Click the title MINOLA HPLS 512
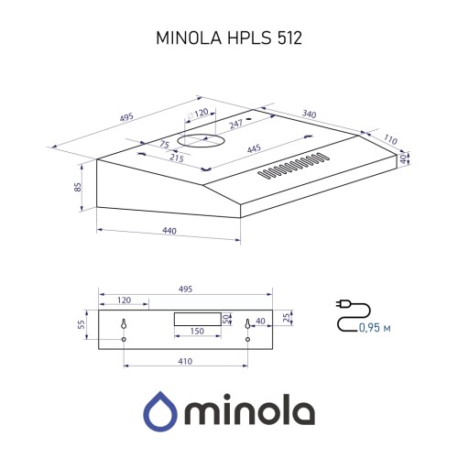point(229,38)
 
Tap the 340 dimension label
point(310,114)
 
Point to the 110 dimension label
point(390,139)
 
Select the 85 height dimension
point(78,187)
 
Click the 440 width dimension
point(169,231)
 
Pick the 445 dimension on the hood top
point(254,148)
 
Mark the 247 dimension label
point(235,124)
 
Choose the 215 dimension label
point(177,158)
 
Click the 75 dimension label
point(165,144)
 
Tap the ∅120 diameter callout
point(198,114)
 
